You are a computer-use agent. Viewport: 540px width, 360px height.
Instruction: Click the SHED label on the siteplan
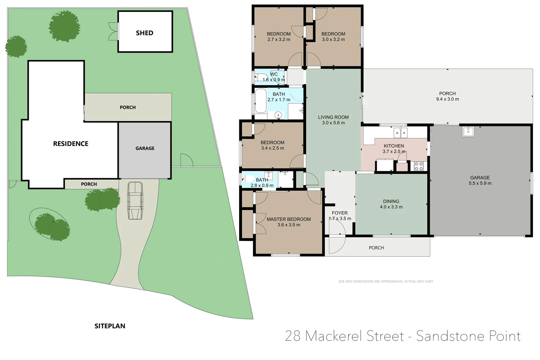coord(144,33)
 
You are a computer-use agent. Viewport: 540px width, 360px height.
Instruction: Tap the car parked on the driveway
coord(135,201)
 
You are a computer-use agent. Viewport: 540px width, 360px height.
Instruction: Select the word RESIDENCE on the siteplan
coord(71,144)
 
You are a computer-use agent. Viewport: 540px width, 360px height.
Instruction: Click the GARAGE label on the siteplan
coord(145,148)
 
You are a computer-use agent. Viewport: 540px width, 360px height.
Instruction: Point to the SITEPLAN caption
coord(110,326)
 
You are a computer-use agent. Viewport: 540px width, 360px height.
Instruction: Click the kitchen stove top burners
coord(419,166)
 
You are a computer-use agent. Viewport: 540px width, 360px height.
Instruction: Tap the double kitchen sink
coord(400,133)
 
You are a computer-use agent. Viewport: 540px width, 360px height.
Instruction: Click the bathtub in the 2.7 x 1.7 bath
coord(261,101)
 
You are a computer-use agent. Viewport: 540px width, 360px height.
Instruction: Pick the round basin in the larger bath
coord(278,115)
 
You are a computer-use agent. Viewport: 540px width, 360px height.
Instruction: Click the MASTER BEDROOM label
coord(289,219)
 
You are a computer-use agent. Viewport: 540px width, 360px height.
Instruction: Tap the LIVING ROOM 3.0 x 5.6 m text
coord(333,120)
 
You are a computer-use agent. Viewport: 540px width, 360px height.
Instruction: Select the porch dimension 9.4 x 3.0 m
coord(447,99)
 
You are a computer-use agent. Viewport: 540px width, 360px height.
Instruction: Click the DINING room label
coord(391,201)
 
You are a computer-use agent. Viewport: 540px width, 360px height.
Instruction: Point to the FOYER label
coord(340,213)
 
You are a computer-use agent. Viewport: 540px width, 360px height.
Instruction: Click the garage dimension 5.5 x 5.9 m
coord(480,183)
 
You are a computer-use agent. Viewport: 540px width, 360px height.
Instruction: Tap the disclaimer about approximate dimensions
coord(386,281)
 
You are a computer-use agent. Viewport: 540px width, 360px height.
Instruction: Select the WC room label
coord(274,74)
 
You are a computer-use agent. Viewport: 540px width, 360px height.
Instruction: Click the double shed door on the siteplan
coord(113,31)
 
